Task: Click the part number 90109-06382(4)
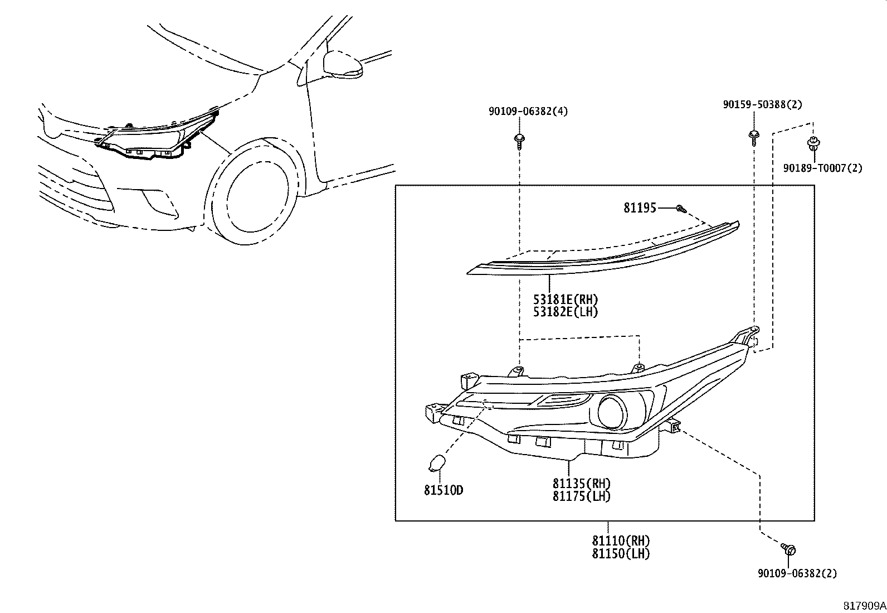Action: click(528, 112)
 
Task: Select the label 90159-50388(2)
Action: click(762, 104)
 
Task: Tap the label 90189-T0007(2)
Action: click(822, 167)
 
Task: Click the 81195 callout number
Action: click(640, 208)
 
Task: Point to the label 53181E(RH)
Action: click(566, 300)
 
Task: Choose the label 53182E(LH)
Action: click(566, 312)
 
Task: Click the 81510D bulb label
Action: click(443, 490)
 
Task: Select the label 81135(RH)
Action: click(581, 483)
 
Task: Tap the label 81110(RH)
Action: click(621, 540)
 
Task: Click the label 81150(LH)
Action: click(621, 553)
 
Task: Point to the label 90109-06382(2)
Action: click(797, 573)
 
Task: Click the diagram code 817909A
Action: click(864, 605)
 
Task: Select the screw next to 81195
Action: click(680, 209)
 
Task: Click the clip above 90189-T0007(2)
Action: click(813, 144)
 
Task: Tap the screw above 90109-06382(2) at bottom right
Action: click(788, 549)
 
